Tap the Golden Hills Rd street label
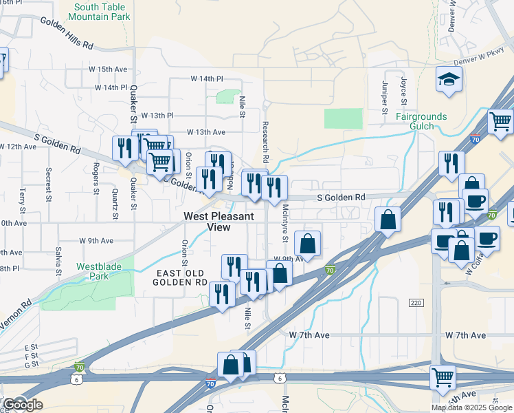click(x=67, y=33)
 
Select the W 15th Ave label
click(x=113, y=70)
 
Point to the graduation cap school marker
click(x=449, y=80)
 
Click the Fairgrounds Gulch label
click(x=421, y=121)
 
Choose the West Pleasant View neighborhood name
click(x=219, y=222)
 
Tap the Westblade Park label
click(x=92, y=271)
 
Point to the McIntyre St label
click(x=284, y=222)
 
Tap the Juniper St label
click(x=385, y=98)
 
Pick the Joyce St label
click(x=404, y=98)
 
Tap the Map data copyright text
click(x=471, y=407)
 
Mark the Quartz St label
click(x=115, y=204)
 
